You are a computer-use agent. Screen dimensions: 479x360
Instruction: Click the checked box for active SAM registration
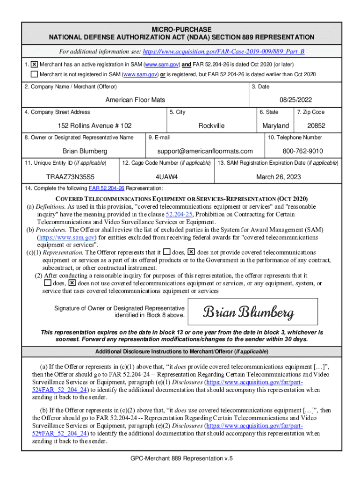(34, 64)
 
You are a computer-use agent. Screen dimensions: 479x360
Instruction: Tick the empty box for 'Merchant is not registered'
(34, 74)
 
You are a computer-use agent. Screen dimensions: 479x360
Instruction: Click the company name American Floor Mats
(135, 100)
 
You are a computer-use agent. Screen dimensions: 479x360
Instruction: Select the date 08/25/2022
(295, 100)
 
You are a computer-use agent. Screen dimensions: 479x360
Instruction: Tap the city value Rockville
(211, 126)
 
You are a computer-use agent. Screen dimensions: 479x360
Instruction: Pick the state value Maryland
(275, 126)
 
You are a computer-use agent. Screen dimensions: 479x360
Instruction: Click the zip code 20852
(316, 126)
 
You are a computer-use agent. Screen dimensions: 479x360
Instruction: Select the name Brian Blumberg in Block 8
(85, 151)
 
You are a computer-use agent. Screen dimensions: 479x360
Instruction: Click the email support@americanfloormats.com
(205, 151)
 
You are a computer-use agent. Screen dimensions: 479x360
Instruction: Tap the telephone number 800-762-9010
(302, 151)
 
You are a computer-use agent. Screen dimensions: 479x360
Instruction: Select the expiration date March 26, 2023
(278, 177)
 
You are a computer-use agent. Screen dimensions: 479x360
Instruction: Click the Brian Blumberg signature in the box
(248, 312)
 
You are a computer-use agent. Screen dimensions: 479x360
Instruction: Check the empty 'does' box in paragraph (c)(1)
(167, 252)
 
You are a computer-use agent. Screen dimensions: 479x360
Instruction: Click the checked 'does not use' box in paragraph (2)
(72, 283)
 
